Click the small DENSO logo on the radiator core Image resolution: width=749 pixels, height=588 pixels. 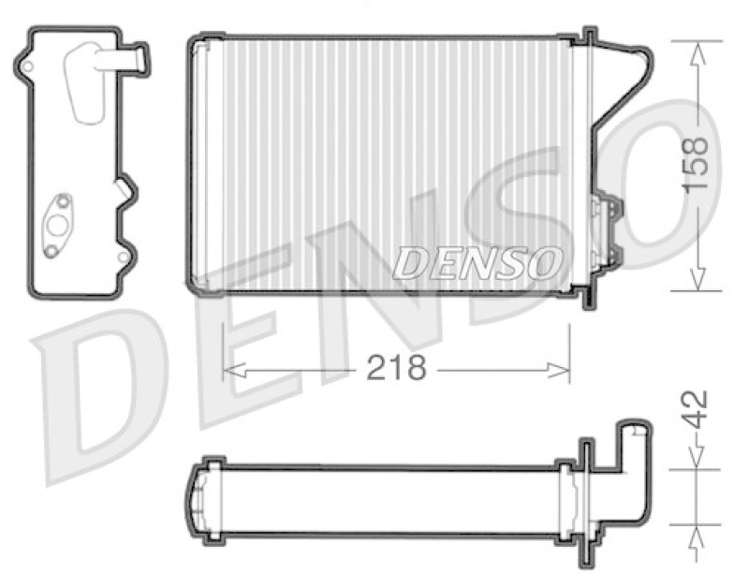pyautogui.click(x=477, y=262)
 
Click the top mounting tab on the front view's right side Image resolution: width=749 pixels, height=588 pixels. pyautogui.click(x=589, y=37)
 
